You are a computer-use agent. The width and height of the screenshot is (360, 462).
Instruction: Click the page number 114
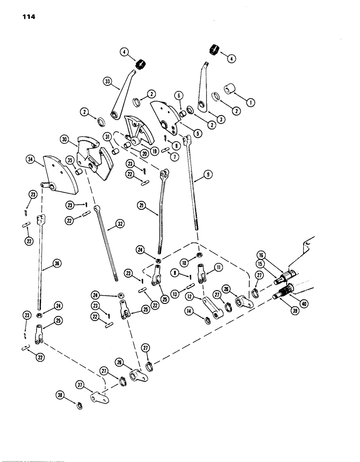click(x=29, y=17)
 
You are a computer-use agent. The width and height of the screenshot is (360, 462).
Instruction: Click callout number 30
click(x=64, y=139)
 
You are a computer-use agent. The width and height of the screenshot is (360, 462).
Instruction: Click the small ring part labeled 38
click(x=78, y=406)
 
